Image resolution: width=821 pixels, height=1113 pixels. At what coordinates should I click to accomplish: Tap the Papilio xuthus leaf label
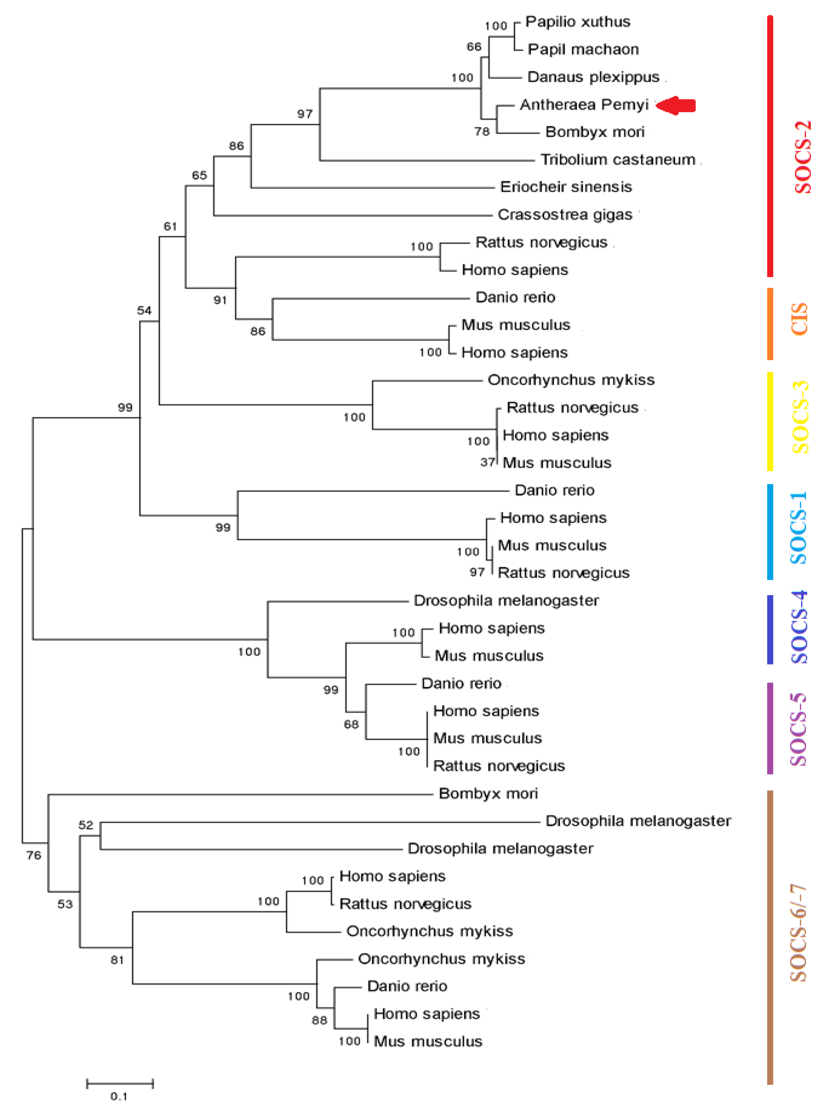tap(578, 22)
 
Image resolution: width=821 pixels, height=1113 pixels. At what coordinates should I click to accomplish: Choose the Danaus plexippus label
tap(593, 77)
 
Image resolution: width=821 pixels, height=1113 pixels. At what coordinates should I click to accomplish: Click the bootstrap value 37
tap(487, 463)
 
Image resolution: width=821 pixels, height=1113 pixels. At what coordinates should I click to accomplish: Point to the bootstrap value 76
tap(34, 855)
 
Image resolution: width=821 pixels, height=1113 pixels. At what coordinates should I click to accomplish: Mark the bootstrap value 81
tap(117, 960)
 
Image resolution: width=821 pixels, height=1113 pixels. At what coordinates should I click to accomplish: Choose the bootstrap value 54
tap(144, 311)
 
